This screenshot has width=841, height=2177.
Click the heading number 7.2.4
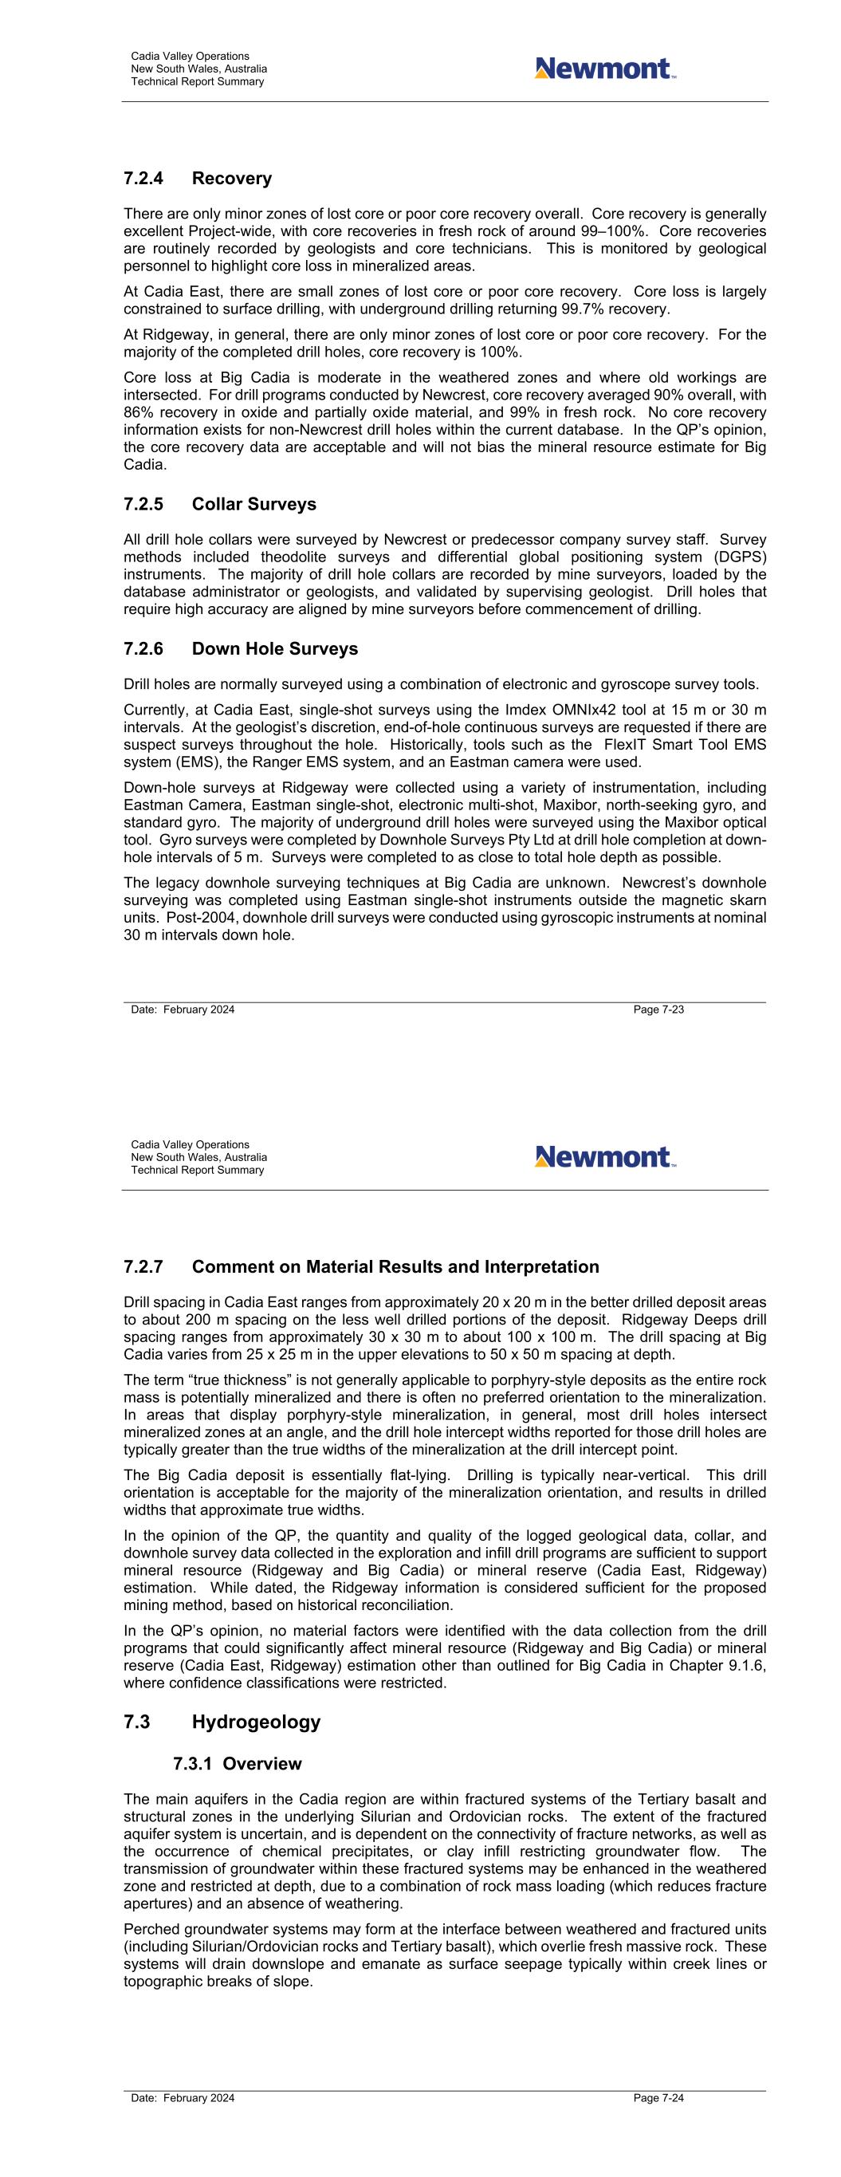pos(143,179)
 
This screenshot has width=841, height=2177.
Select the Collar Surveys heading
pos(253,505)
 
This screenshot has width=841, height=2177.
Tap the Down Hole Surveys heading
pos(275,649)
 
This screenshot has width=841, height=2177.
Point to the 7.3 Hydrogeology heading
pos(222,1722)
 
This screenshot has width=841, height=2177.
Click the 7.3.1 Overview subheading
pos(238,1764)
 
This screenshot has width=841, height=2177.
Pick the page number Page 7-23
pos(658,1009)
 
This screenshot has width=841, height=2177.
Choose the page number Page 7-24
pos(658,2097)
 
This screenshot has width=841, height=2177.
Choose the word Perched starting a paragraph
pos(151,1929)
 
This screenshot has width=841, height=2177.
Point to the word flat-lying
pos(411,1475)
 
